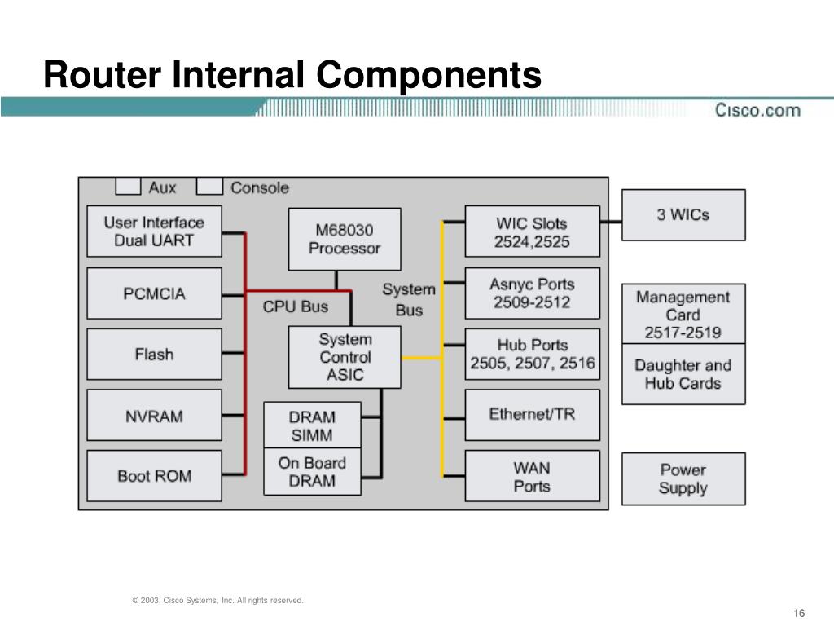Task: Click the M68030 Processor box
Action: pyautogui.click(x=345, y=239)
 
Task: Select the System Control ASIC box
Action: pyautogui.click(x=345, y=357)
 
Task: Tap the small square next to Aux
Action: pyautogui.click(x=128, y=187)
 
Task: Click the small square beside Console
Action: pyautogui.click(x=209, y=187)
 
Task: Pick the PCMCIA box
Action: pyautogui.click(x=154, y=293)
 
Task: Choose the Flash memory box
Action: pyautogui.click(x=154, y=354)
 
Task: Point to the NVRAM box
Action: pyautogui.click(x=154, y=415)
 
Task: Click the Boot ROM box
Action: pyautogui.click(x=154, y=476)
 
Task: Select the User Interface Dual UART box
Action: pyautogui.click(x=154, y=231)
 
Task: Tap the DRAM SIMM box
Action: pyautogui.click(x=312, y=425)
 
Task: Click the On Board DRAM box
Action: pyautogui.click(x=312, y=472)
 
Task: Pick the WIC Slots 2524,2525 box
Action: pyautogui.click(x=533, y=231)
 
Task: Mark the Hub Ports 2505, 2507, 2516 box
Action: pyautogui.click(x=533, y=354)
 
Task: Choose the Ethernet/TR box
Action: pyautogui.click(x=533, y=415)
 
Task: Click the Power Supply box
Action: pyautogui.click(x=683, y=479)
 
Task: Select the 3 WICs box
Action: pyautogui.click(x=683, y=215)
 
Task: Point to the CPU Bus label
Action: pyautogui.click(x=295, y=306)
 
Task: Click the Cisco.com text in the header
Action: pyautogui.click(x=757, y=110)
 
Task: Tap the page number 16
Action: pyautogui.click(x=799, y=613)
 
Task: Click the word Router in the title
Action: pyautogui.click(x=102, y=74)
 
